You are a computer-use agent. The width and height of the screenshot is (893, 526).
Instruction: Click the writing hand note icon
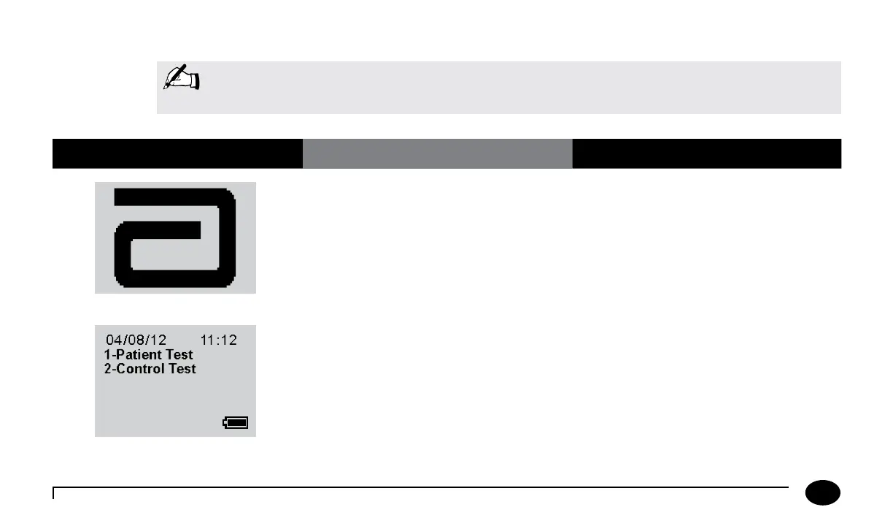(x=182, y=77)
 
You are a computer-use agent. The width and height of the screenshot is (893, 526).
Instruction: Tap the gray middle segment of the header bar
(x=437, y=153)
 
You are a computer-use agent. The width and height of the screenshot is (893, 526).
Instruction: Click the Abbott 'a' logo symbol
(x=175, y=238)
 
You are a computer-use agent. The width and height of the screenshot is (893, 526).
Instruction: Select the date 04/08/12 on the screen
(x=136, y=340)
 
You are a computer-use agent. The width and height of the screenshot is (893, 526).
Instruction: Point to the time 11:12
(x=218, y=340)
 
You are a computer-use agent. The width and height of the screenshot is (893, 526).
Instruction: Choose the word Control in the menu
(x=139, y=369)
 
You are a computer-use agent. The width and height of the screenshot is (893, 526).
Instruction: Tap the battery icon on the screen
(x=235, y=423)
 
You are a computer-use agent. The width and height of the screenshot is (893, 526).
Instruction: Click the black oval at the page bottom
(x=822, y=493)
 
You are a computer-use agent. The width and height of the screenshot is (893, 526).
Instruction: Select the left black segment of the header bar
(x=177, y=153)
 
